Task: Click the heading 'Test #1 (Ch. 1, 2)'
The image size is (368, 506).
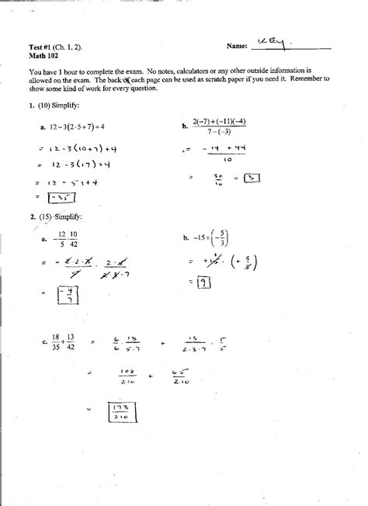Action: pos(57,47)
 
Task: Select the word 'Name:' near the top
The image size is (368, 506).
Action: pos(238,47)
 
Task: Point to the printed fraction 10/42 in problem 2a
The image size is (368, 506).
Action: pos(73,238)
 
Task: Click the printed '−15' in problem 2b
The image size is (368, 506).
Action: pos(200,238)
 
